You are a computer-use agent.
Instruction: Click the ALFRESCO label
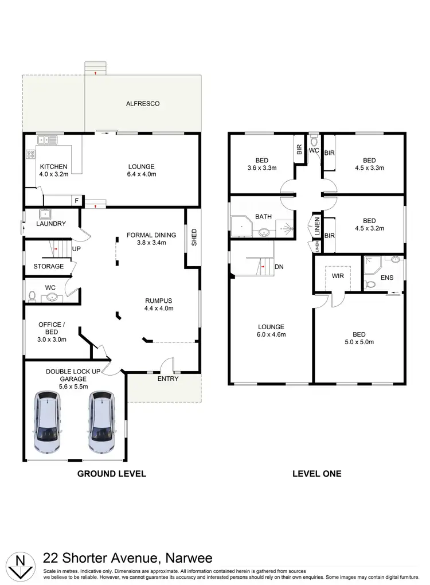(x=143, y=104)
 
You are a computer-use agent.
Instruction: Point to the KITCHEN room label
(x=53, y=167)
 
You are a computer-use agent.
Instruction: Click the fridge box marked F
(x=76, y=201)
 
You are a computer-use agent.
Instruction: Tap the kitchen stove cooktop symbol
(x=30, y=154)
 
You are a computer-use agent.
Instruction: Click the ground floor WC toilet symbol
(x=32, y=297)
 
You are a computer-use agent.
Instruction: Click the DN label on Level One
(x=280, y=267)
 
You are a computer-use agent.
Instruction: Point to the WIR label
(x=338, y=276)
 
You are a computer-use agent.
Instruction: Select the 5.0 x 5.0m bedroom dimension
(x=358, y=342)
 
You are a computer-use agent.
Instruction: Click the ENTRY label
(x=167, y=379)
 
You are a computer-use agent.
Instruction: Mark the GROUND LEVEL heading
(x=112, y=474)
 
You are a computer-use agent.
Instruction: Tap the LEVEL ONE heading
(x=316, y=474)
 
